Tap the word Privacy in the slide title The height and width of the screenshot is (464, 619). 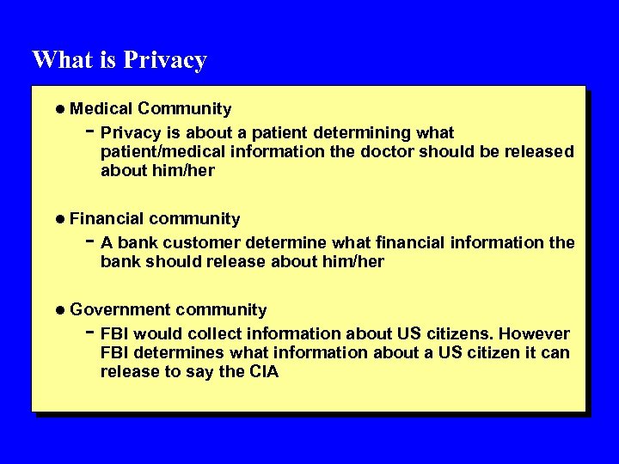click(x=165, y=61)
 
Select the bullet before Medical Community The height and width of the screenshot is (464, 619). click(x=60, y=109)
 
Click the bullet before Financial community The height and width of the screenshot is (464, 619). click(x=60, y=220)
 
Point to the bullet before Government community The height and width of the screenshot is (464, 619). click(x=60, y=310)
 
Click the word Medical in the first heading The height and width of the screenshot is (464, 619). click(x=101, y=109)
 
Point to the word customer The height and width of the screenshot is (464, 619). click(x=205, y=243)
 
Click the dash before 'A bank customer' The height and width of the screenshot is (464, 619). click(x=90, y=241)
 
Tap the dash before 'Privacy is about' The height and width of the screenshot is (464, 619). click(x=90, y=131)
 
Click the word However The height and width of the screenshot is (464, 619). click(x=535, y=333)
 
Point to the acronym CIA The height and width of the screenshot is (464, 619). click(x=263, y=372)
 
